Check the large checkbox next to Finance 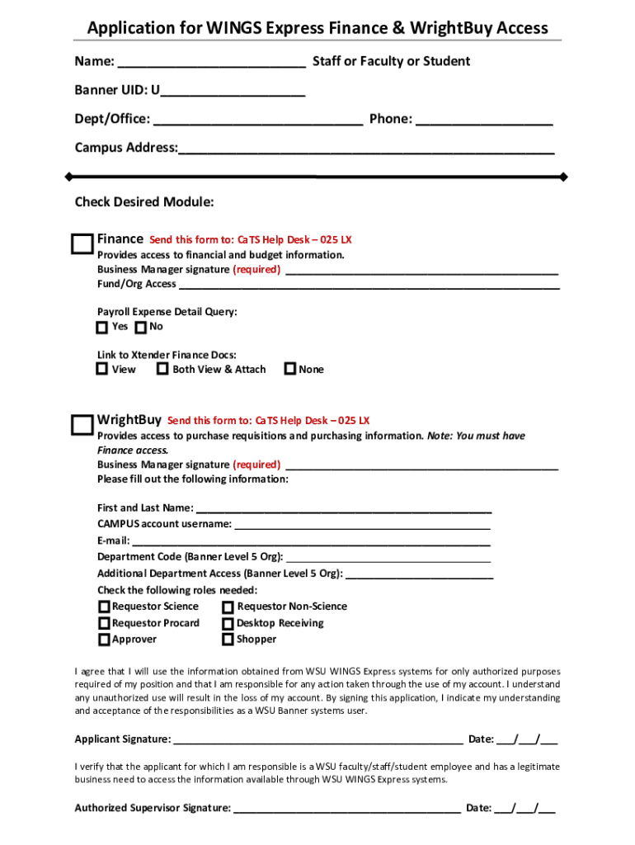82,244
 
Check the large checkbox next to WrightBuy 82,425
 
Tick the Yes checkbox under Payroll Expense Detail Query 101,328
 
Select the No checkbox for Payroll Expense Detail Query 140,328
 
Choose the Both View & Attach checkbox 162,369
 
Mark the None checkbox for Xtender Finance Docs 289,369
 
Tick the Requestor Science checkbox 104,607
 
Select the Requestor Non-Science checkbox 228,607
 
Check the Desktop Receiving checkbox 228,623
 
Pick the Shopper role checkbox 228,640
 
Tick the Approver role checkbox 104,640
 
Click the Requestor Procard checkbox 104,623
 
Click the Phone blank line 484,120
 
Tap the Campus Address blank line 366,149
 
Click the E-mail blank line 311,541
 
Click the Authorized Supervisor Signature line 346,809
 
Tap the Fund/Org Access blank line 369,285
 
